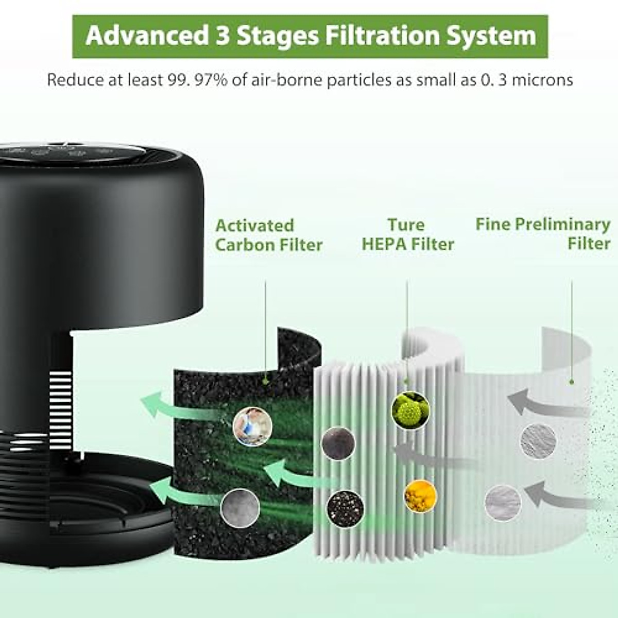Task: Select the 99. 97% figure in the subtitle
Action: (198, 80)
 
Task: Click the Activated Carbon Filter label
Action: (268, 235)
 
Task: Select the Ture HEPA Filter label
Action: (407, 234)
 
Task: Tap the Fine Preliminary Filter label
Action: (543, 233)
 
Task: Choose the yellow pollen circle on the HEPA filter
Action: (420, 496)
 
